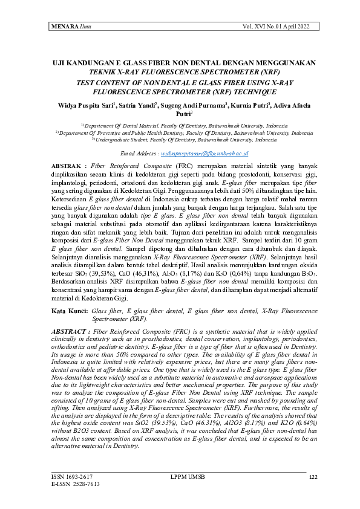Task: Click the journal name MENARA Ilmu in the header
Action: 67,27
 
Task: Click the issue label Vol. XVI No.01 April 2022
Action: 280,27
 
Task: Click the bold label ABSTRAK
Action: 69,165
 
